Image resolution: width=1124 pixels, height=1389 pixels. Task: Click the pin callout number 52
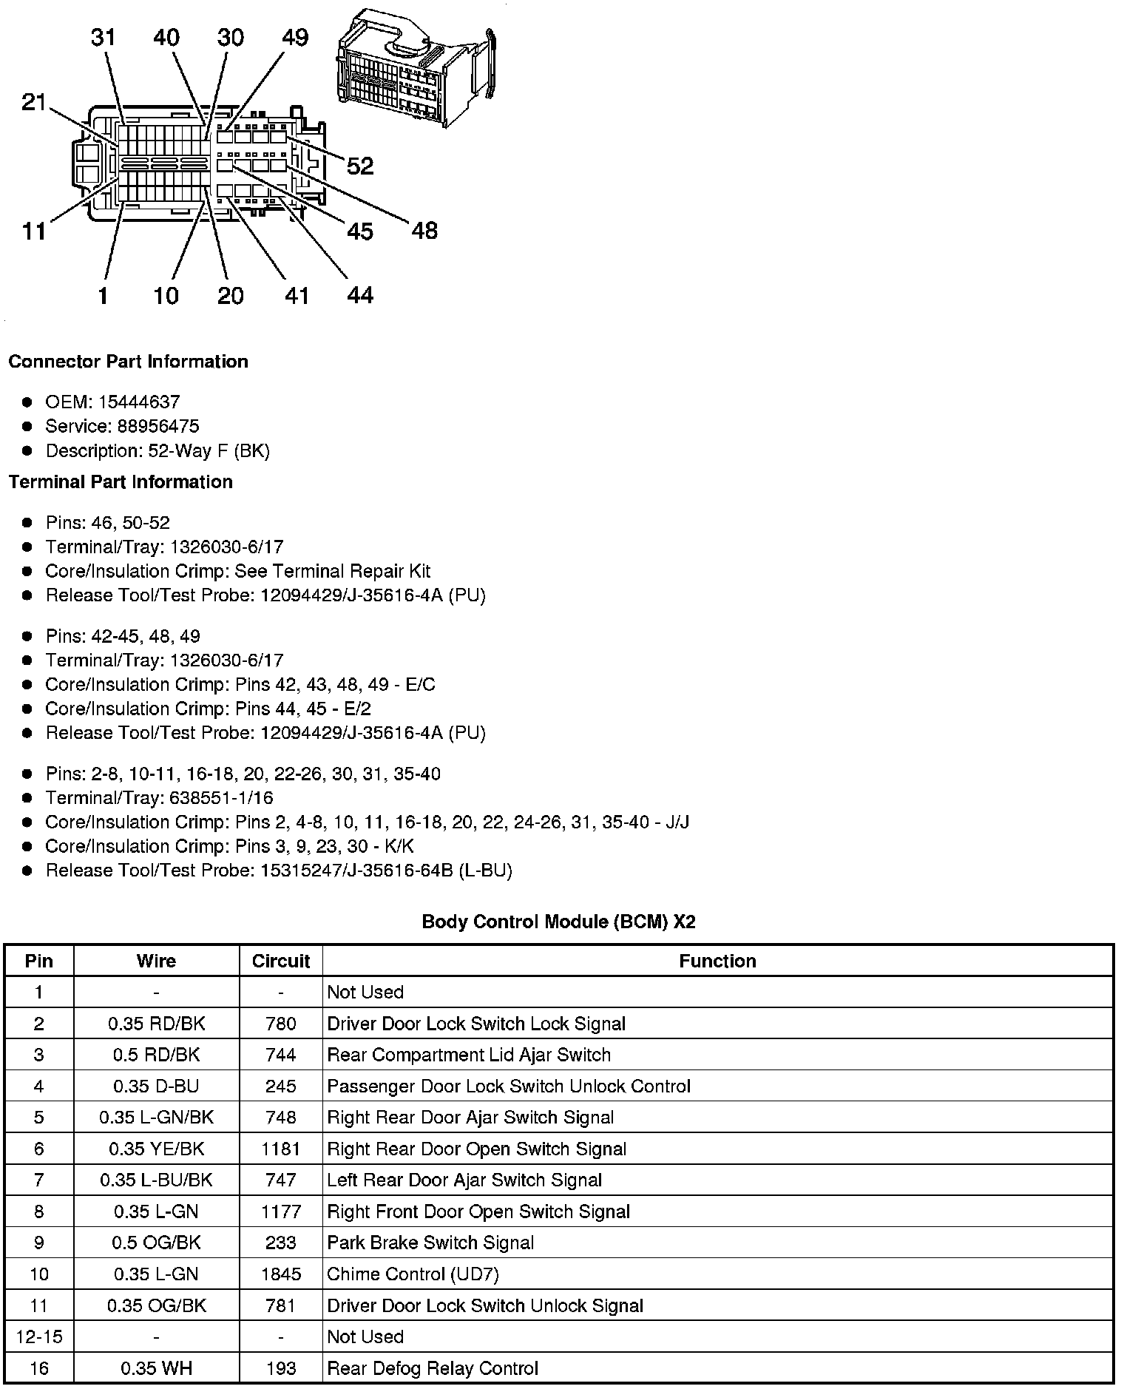click(x=360, y=166)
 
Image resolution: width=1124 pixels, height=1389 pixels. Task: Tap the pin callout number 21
click(x=34, y=102)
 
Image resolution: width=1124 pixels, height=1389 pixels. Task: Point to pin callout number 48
click(x=424, y=231)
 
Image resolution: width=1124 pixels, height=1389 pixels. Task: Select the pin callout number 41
click(x=297, y=296)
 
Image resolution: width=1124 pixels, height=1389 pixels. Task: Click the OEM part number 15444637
click(x=138, y=402)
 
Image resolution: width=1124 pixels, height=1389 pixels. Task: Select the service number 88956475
click(x=158, y=426)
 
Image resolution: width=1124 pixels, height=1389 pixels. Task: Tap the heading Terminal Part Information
click(x=121, y=481)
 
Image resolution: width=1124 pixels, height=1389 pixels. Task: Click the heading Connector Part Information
click(x=128, y=361)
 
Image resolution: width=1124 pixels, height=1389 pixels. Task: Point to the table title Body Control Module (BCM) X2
click(x=558, y=922)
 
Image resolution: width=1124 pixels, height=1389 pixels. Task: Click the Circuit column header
click(x=281, y=961)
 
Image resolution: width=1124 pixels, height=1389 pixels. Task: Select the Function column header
click(x=717, y=961)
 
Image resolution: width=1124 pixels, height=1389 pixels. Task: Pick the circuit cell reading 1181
click(x=281, y=1149)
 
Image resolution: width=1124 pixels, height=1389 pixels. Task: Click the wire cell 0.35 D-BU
click(x=156, y=1086)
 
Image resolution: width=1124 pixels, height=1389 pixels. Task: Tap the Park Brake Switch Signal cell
click(x=430, y=1243)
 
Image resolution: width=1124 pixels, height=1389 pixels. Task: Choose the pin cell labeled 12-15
click(x=38, y=1336)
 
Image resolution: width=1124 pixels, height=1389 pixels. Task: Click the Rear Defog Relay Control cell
click(x=433, y=1368)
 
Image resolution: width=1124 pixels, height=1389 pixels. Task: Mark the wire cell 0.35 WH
click(x=156, y=1368)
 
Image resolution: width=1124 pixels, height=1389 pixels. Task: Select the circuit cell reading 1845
click(x=281, y=1274)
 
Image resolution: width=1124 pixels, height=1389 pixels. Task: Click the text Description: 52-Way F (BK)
click(x=158, y=450)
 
